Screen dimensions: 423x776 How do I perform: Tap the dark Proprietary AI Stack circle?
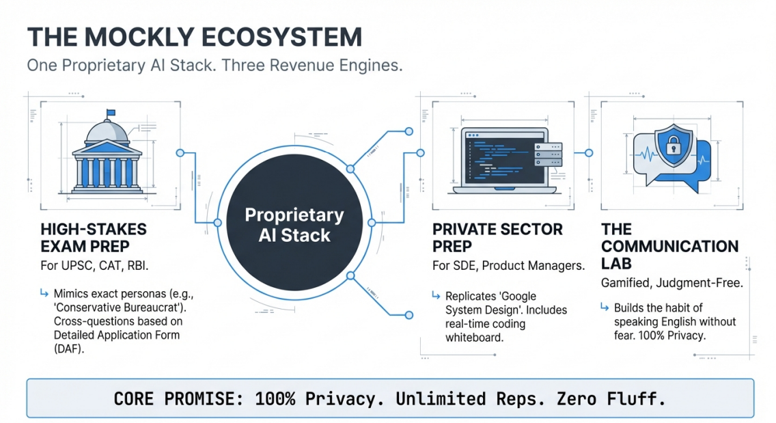click(294, 225)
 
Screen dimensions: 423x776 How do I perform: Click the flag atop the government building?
click(111, 113)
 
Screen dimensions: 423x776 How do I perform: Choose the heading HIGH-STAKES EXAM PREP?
click(94, 237)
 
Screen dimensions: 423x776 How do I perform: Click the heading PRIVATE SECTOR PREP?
click(498, 237)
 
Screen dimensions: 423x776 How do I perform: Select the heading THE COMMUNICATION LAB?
click(669, 246)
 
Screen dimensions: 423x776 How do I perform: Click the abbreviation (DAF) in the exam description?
click(68, 348)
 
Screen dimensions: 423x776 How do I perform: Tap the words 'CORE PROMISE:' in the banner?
click(178, 398)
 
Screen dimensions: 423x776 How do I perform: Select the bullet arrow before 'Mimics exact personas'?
click(44, 294)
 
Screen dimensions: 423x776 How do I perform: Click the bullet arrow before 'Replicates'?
click(435, 296)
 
